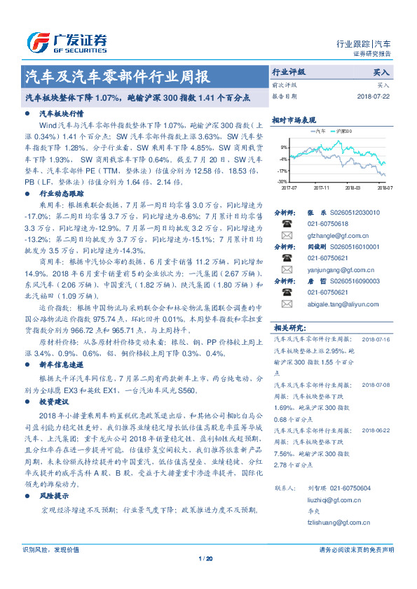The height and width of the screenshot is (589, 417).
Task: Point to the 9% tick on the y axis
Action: tap(284, 148)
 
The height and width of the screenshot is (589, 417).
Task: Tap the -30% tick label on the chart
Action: tap(283, 182)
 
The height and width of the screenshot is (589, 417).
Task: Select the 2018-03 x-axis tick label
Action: tap(353, 188)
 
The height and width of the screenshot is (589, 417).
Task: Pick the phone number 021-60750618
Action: tap(328, 224)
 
